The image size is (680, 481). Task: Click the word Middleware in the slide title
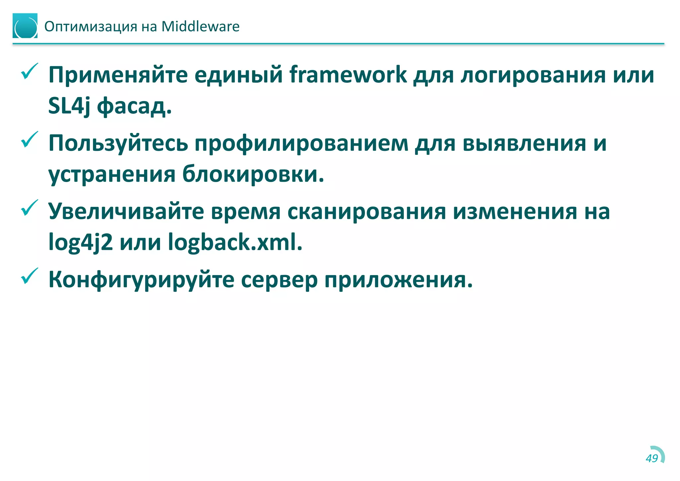point(200,27)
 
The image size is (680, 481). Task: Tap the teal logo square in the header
point(25,26)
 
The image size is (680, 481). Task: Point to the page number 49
point(652,458)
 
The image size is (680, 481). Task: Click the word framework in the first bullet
point(348,74)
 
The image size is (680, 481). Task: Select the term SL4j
point(69,106)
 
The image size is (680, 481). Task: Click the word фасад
point(134,106)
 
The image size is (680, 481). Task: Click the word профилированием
point(301,144)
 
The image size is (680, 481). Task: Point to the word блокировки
point(253,174)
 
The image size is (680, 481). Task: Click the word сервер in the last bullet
point(279,280)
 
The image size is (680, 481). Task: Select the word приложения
point(398,280)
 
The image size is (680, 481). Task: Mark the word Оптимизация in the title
point(91,27)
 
